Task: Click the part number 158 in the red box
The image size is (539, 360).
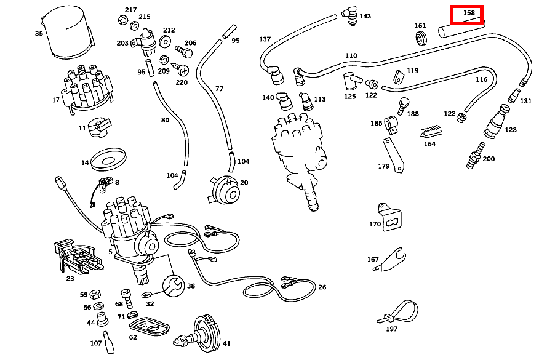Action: tap(469, 13)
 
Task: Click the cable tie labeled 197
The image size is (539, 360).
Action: tap(398, 312)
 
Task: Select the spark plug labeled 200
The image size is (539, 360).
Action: tap(475, 156)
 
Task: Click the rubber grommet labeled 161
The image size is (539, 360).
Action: tap(421, 39)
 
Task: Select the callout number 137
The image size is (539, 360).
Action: tap(265, 39)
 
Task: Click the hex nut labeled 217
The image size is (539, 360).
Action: tap(122, 20)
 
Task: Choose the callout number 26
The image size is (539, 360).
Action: tap(322, 287)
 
